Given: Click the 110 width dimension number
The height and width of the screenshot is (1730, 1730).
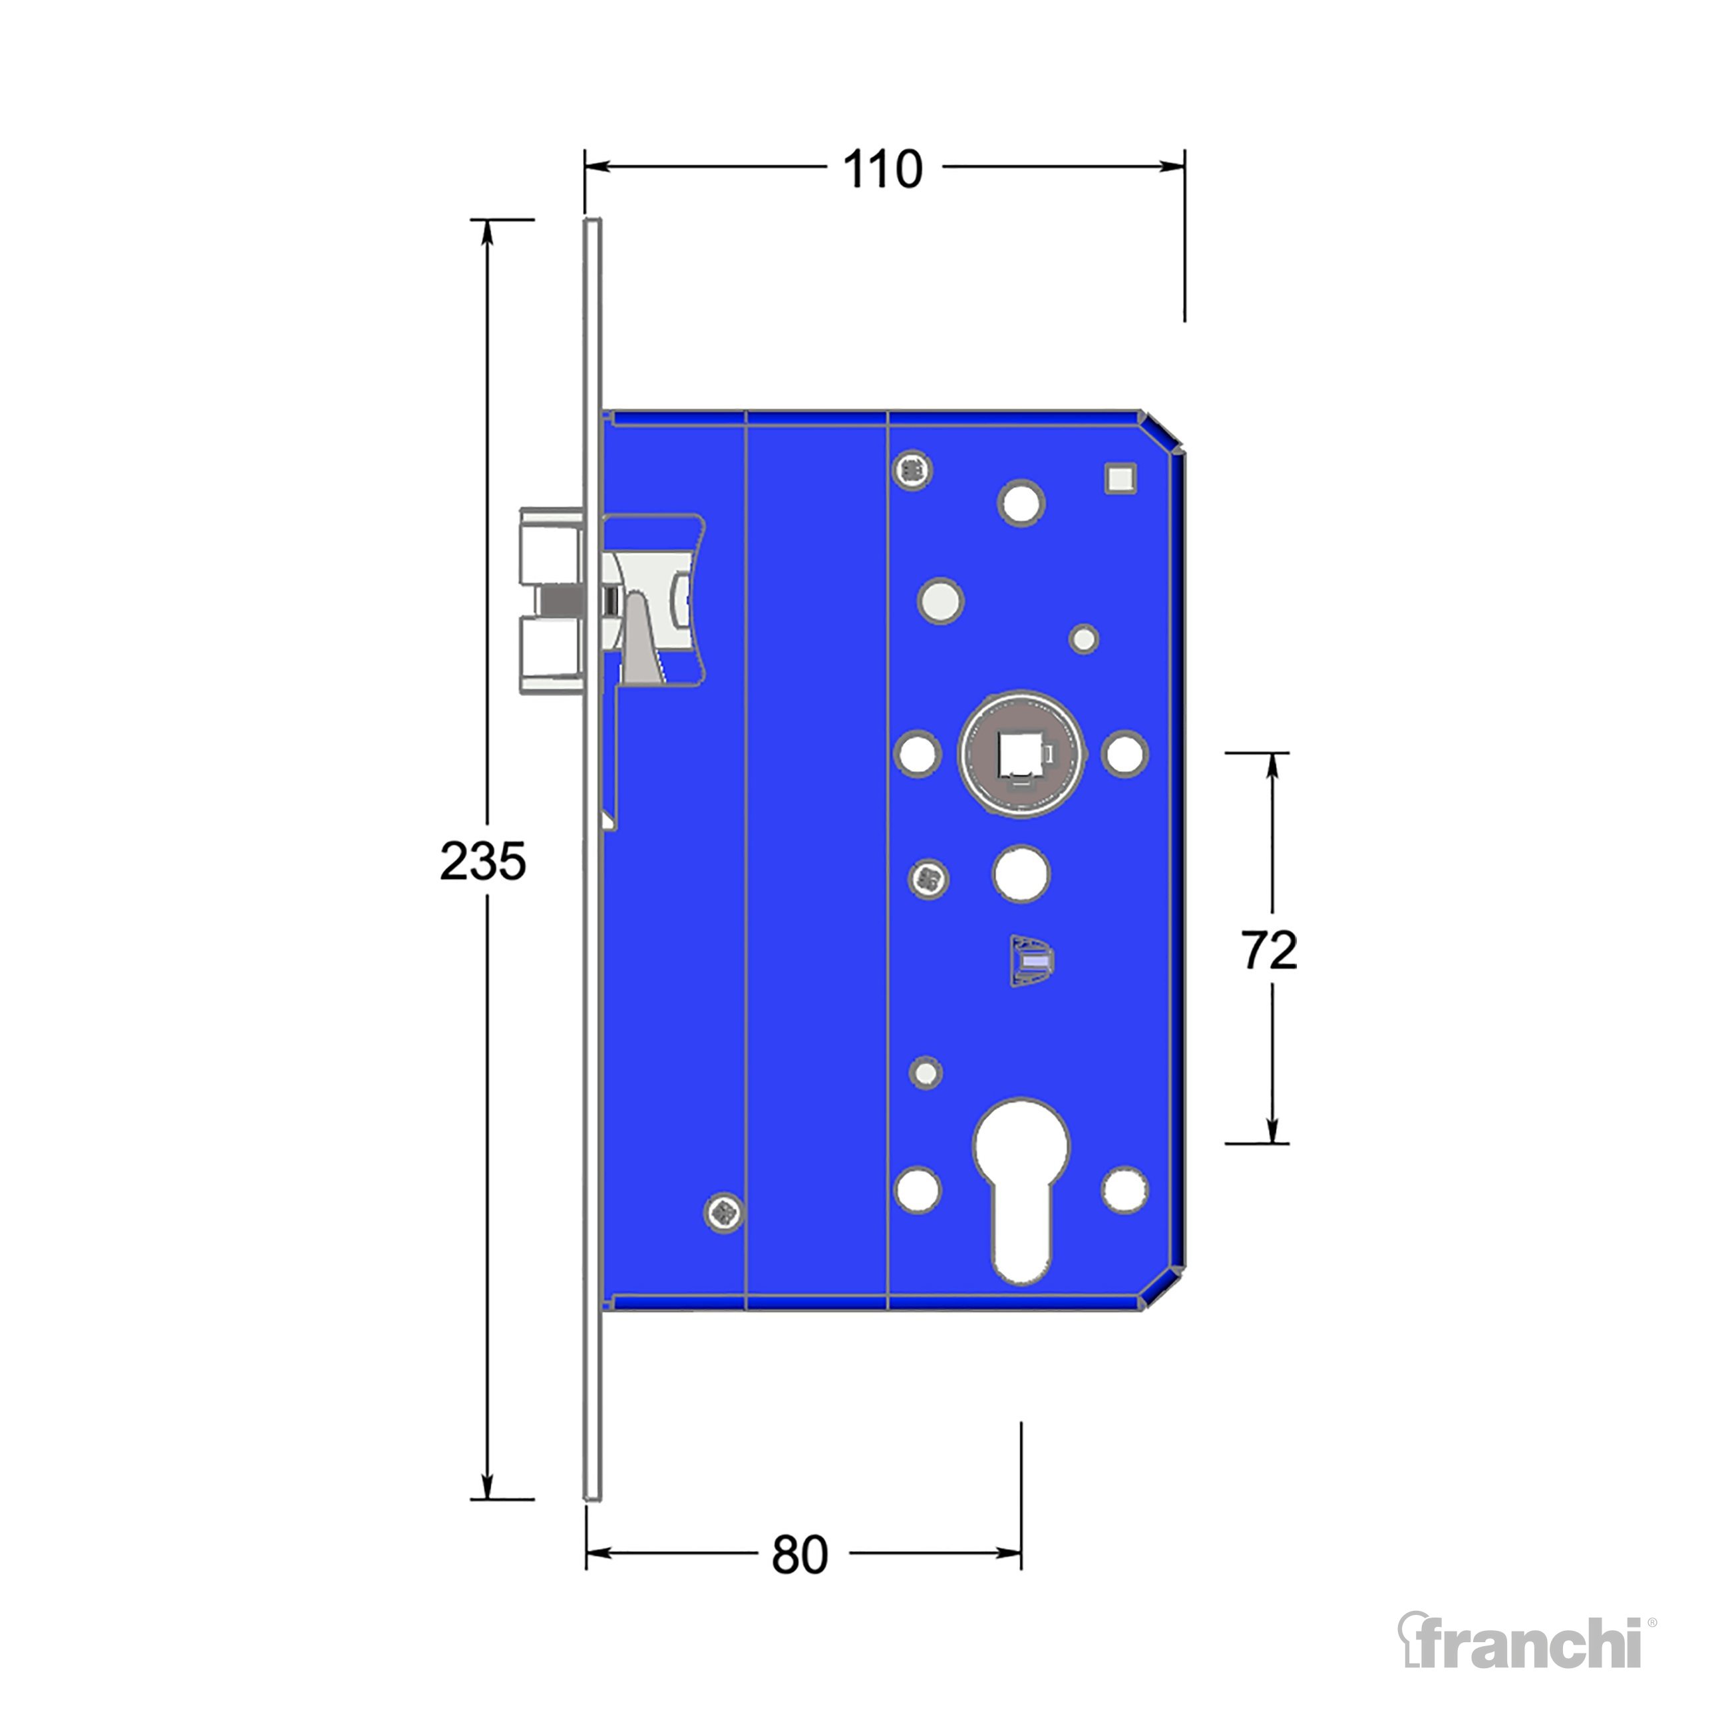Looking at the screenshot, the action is point(882,168).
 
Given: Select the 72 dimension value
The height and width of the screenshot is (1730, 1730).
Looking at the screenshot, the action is point(1269,950).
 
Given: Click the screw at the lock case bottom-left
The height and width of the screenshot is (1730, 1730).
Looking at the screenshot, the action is point(725,1212).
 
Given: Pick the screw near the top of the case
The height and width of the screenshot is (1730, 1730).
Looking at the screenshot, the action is point(912,469).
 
